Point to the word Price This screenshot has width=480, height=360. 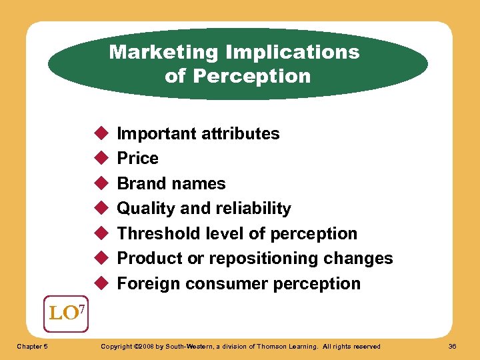click(137, 158)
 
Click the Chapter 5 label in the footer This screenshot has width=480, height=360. click(33, 346)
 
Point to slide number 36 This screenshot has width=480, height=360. click(452, 346)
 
